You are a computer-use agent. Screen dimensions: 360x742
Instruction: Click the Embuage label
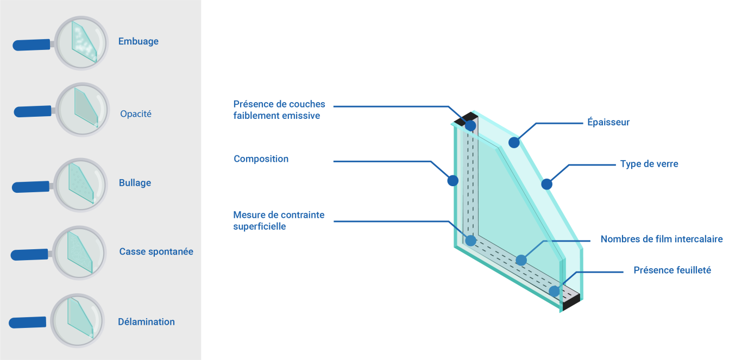click(138, 41)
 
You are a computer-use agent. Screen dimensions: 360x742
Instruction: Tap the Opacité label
click(136, 114)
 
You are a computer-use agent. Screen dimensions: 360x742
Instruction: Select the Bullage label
click(135, 183)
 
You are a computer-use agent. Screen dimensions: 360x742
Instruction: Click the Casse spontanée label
click(156, 251)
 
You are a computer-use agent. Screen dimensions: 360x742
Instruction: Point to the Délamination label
click(146, 321)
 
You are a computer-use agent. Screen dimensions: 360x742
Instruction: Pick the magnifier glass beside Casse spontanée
click(80, 253)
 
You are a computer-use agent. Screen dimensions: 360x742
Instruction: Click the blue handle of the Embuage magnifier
click(32, 45)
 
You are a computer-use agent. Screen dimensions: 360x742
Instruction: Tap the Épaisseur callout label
click(608, 122)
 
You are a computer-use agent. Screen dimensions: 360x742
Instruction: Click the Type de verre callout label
click(649, 163)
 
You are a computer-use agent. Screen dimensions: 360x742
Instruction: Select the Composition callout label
click(261, 159)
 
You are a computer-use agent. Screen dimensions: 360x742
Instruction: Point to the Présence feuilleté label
click(672, 270)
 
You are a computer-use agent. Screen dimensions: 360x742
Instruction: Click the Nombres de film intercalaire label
click(661, 239)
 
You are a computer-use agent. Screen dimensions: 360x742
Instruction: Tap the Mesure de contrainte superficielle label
click(279, 220)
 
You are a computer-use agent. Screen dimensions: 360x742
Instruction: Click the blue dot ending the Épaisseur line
click(514, 143)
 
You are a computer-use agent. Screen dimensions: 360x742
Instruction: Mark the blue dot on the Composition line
click(452, 181)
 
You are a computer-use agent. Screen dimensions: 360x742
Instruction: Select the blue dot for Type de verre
click(546, 184)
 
